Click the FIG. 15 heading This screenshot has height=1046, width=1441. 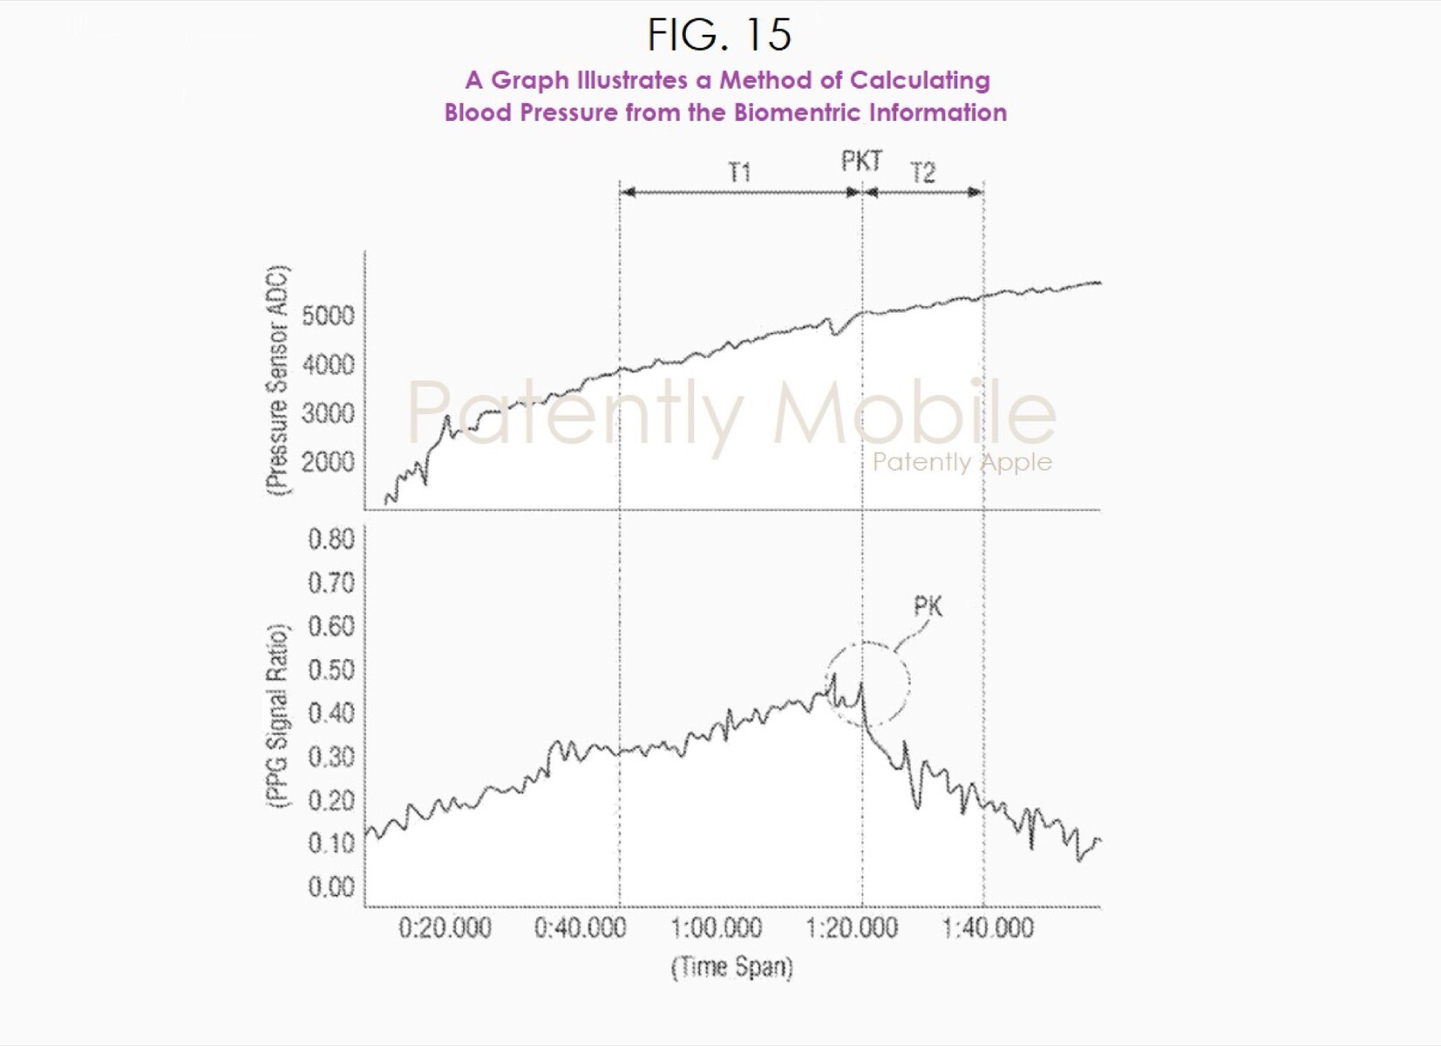coord(719,35)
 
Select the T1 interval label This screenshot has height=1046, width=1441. coord(739,172)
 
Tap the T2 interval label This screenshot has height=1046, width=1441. coord(922,173)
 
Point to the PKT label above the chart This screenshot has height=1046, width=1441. coord(861,161)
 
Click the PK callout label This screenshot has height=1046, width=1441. coord(928,606)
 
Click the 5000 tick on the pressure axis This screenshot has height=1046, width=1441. coord(328,315)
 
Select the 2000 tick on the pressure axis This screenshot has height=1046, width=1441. coord(328,461)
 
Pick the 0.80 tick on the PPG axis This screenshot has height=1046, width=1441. coord(331,539)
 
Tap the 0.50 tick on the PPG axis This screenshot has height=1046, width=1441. coord(331,669)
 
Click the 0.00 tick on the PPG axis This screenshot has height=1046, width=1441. coord(331,886)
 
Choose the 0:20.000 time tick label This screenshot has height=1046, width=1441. coord(445,928)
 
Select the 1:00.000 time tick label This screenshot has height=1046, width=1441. coord(716,928)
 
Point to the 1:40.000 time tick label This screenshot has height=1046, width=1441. coord(988,928)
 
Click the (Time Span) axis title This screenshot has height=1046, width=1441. coord(731,967)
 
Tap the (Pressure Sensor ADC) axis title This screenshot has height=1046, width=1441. coord(277,380)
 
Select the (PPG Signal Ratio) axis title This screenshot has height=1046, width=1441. coord(277,716)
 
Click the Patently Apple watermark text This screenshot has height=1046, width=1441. coord(962,461)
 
